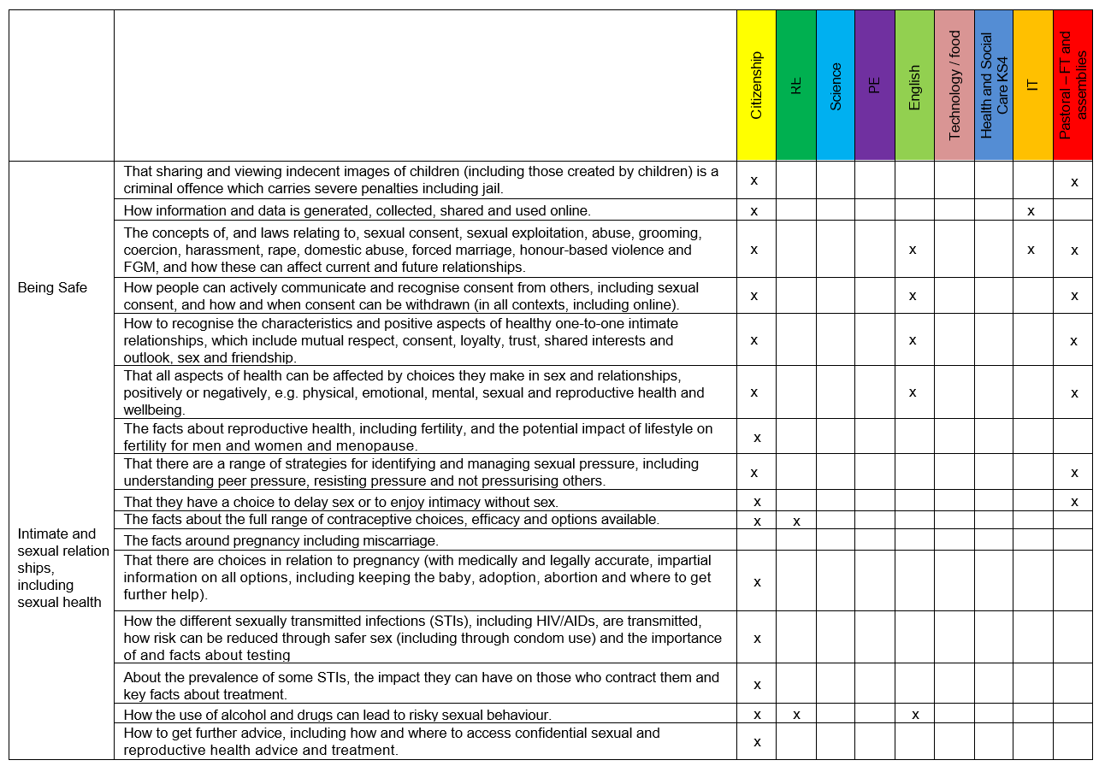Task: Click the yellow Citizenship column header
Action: click(x=756, y=85)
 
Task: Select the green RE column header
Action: click(x=796, y=85)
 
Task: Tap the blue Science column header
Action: click(x=836, y=85)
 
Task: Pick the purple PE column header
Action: click(x=875, y=85)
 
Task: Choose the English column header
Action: click(x=914, y=85)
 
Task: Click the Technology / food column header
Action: click(x=954, y=85)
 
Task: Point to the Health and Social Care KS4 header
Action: click(x=993, y=85)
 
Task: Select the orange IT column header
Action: click(x=1032, y=85)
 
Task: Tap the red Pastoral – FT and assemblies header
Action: click(x=1072, y=85)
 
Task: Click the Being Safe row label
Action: click(x=52, y=287)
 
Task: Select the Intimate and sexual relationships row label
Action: click(x=62, y=568)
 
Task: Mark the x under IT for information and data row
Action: click(x=1031, y=210)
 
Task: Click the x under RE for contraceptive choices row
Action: click(x=796, y=521)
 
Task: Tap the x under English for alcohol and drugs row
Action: click(x=915, y=714)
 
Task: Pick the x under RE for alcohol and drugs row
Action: click(x=796, y=714)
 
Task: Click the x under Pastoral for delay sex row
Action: click(x=1074, y=501)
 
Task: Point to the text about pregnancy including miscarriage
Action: click(x=281, y=540)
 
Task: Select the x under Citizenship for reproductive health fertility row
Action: click(x=757, y=438)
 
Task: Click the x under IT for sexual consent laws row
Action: click(x=1031, y=250)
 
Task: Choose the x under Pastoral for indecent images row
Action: click(x=1074, y=181)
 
